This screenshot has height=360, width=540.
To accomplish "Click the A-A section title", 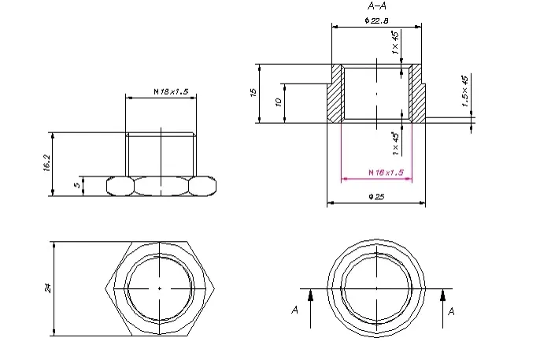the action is coord(377,6).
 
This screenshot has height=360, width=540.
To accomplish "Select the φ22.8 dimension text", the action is coord(377,20).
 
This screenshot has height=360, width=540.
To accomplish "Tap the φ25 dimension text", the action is coord(376,197).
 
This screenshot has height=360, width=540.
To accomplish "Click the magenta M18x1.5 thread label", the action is coord(386,173).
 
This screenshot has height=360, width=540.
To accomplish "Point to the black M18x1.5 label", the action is coord(171,91).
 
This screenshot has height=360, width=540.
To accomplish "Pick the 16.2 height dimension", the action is coord(47,162).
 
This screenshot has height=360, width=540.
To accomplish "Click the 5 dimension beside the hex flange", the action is coord(77,184).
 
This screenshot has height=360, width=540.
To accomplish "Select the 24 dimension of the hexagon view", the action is coord(48,288).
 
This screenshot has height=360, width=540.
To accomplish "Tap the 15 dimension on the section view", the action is coord(253,92).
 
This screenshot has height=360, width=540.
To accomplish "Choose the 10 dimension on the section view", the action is coord(279,102).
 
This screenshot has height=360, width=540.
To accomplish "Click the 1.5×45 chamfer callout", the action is coord(464,91).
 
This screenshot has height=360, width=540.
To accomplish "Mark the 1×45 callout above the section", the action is coord(395,43).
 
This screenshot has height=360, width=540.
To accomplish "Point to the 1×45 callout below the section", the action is coord(395,144).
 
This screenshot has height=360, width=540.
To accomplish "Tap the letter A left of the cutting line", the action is coord(294,310).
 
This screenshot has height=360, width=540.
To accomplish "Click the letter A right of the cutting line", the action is coord(452,311).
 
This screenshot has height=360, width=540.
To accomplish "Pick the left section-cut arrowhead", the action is coord(311,295).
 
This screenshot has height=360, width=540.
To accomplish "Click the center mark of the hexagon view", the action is coord(160,288).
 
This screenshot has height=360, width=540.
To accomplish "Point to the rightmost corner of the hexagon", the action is coord(215,288).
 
